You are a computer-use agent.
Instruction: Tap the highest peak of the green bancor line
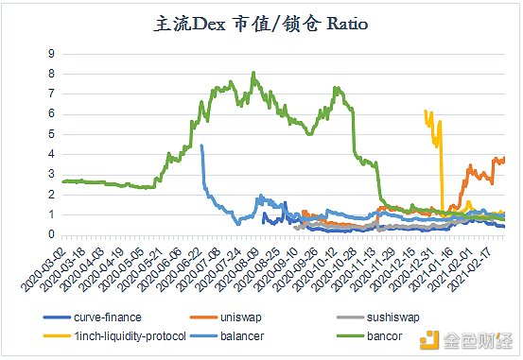click(x=253, y=73)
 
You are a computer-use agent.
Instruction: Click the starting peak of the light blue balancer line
click(x=201, y=146)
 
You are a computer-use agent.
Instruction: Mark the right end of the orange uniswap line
click(x=504, y=158)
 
